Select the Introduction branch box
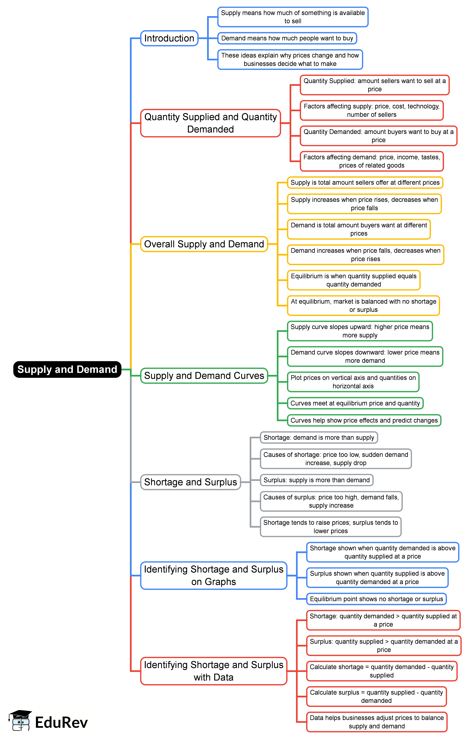click(x=169, y=38)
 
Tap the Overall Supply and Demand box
click(x=204, y=244)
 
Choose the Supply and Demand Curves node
click(x=204, y=376)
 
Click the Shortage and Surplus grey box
click(x=190, y=482)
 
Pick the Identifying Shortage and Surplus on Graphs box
click(x=213, y=575)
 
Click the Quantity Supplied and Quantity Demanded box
click(x=210, y=123)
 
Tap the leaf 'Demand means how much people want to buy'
click(x=287, y=38)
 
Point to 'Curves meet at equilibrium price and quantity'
click(x=355, y=403)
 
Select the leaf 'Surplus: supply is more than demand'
click(x=316, y=480)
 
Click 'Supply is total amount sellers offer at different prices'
click(x=365, y=182)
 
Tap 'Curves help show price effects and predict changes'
click(x=364, y=420)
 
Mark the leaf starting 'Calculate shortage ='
click(x=382, y=671)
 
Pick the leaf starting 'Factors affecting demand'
click(x=372, y=161)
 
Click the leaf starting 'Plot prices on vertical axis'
click(x=353, y=382)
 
